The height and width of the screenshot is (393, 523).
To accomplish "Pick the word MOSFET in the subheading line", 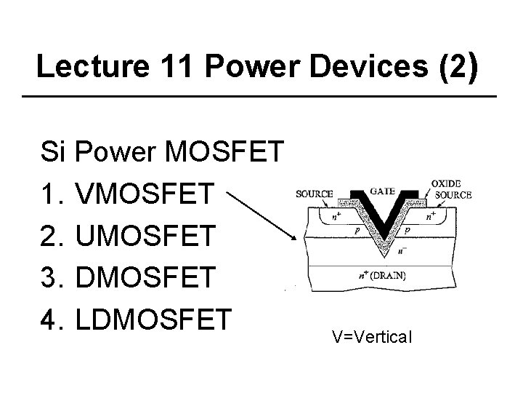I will [x=226, y=152].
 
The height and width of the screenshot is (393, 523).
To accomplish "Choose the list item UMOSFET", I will [x=145, y=235].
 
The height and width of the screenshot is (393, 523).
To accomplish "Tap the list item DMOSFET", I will [x=145, y=277].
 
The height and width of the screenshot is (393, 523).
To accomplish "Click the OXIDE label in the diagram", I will [x=446, y=183].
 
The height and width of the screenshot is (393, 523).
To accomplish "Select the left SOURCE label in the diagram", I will [x=314, y=194].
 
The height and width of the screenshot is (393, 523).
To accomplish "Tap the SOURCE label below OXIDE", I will [x=453, y=194].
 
